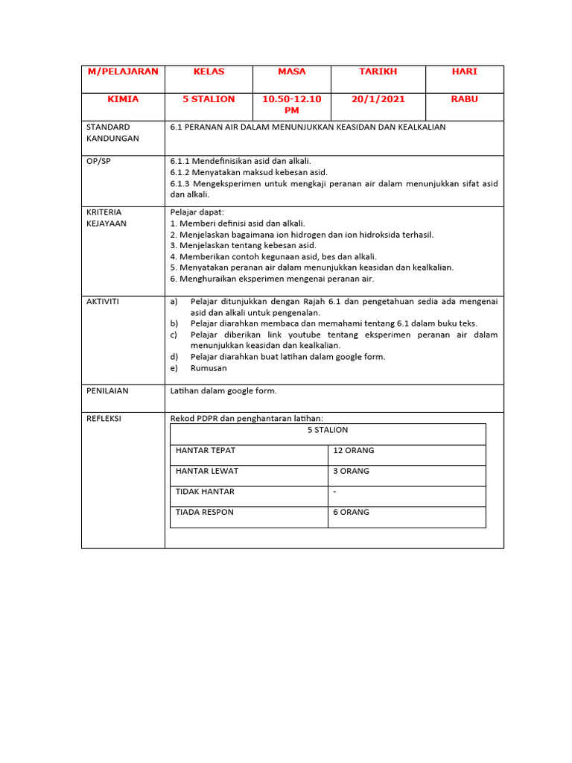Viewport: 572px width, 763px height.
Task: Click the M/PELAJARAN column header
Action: point(123,72)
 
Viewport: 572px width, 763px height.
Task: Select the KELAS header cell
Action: point(209,72)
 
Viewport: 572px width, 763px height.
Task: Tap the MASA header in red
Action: point(291,72)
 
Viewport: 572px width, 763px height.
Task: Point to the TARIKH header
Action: point(378,72)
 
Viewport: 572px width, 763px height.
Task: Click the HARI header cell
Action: point(464,72)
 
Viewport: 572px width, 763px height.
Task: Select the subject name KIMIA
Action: point(123,99)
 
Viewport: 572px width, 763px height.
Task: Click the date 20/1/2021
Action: point(378,99)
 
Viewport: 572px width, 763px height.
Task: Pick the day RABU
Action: point(464,99)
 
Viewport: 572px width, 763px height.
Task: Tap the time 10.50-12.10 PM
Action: point(291,104)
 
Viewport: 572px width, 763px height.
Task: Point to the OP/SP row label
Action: point(98,161)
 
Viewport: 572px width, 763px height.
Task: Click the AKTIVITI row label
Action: point(103,301)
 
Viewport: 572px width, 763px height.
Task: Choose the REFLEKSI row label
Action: point(104,419)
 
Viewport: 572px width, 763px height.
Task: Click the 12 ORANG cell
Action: point(354,451)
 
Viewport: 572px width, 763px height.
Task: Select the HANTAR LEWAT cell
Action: point(207,471)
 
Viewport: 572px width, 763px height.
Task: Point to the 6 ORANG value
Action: point(352,512)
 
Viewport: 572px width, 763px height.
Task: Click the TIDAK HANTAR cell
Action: point(206,492)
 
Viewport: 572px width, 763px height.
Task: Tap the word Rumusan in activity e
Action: point(209,367)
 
